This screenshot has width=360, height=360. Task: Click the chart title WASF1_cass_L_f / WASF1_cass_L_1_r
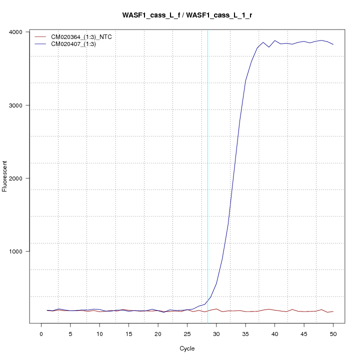187,15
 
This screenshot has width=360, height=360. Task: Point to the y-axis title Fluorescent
5,176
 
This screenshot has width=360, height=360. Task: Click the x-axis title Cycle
187,348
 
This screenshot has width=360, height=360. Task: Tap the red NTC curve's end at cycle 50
333,311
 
